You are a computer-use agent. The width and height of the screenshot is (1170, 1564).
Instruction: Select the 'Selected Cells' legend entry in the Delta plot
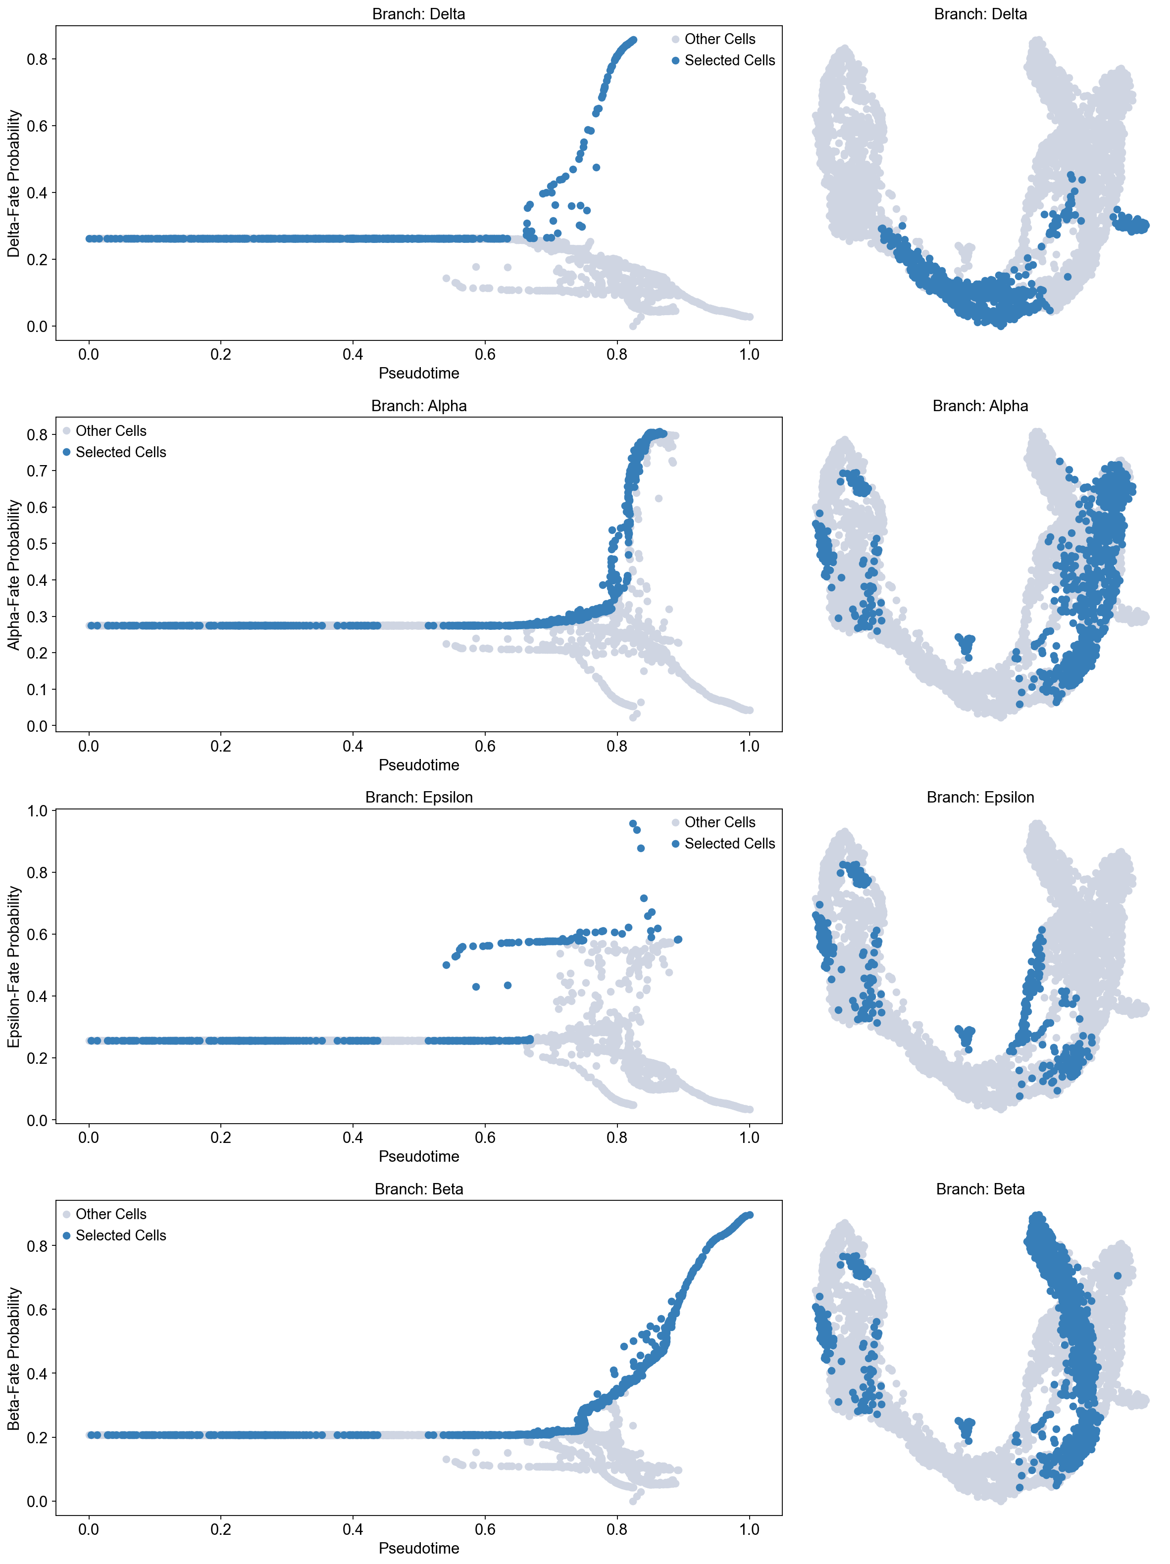point(729,61)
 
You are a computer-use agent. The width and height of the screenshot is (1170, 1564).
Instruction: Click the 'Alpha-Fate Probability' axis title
point(14,575)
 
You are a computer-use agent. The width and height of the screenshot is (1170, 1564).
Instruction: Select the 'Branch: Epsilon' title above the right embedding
point(980,798)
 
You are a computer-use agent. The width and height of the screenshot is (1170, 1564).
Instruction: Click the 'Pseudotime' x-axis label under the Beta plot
point(419,1548)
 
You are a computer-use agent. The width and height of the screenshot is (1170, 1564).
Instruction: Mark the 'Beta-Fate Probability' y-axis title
point(14,1358)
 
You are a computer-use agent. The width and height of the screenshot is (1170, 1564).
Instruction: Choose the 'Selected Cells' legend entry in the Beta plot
point(120,1235)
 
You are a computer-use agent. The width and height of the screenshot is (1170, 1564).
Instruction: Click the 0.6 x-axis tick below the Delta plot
point(485,354)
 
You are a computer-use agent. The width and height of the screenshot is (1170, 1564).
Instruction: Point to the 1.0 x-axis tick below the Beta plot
point(749,1529)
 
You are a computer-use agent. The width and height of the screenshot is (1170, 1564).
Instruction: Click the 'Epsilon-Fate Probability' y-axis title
point(14,966)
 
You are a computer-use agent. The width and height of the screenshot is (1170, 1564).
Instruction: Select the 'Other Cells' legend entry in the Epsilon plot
point(719,822)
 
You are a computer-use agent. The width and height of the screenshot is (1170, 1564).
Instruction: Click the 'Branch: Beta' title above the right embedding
point(980,1189)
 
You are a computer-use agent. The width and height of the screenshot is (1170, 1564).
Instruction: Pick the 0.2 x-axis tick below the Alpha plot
point(221,746)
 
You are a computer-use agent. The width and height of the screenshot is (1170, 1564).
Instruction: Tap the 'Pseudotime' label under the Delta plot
point(419,374)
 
